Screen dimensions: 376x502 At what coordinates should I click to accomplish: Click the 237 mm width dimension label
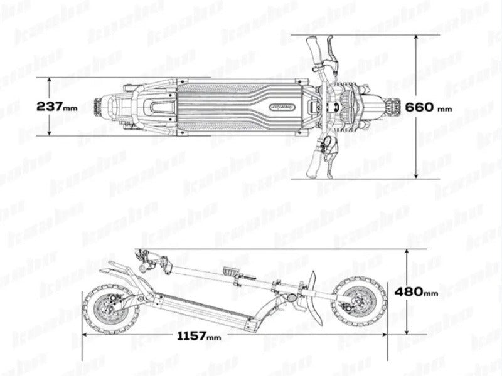tap(56, 107)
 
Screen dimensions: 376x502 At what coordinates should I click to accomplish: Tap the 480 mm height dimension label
tap(416, 291)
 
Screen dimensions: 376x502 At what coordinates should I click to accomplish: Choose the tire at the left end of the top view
tap(101, 107)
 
